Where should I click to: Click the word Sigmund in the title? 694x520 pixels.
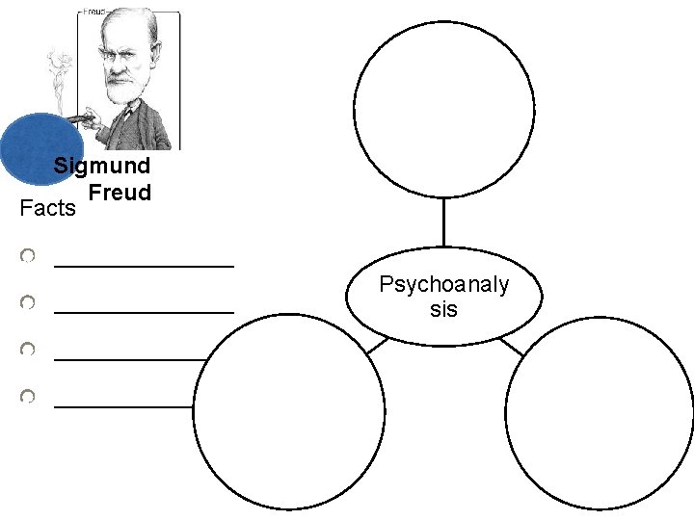[101, 166]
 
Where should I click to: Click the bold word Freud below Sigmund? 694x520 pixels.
[120, 193]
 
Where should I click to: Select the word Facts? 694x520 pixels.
[47, 208]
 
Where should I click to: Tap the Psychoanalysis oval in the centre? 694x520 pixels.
[443, 298]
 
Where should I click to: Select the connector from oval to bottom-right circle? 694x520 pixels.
[512, 345]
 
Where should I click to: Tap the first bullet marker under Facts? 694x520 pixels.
[29, 256]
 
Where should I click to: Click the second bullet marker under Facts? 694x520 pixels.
[29, 303]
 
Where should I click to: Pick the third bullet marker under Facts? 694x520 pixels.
[29, 349]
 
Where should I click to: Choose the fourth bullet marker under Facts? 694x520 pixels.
[29, 396]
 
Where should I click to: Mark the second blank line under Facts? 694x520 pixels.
[144, 311]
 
